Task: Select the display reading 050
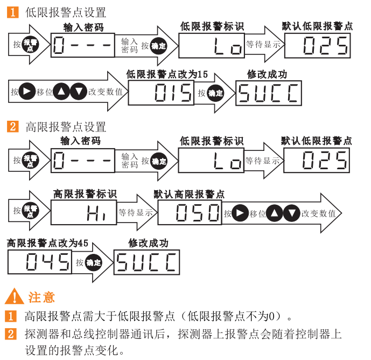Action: point(190,213)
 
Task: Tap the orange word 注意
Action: point(41,297)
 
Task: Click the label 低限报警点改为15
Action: point(167,74)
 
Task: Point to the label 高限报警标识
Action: point(85,194)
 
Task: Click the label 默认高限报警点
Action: point(189,194)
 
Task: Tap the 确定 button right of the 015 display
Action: point(215,93)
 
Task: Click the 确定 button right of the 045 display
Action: point(93,262)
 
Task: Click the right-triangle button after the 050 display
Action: point(240,213)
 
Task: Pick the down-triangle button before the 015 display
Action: point(79,92)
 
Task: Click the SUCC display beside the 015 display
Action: point(268,93)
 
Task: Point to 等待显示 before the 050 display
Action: point(136,213)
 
